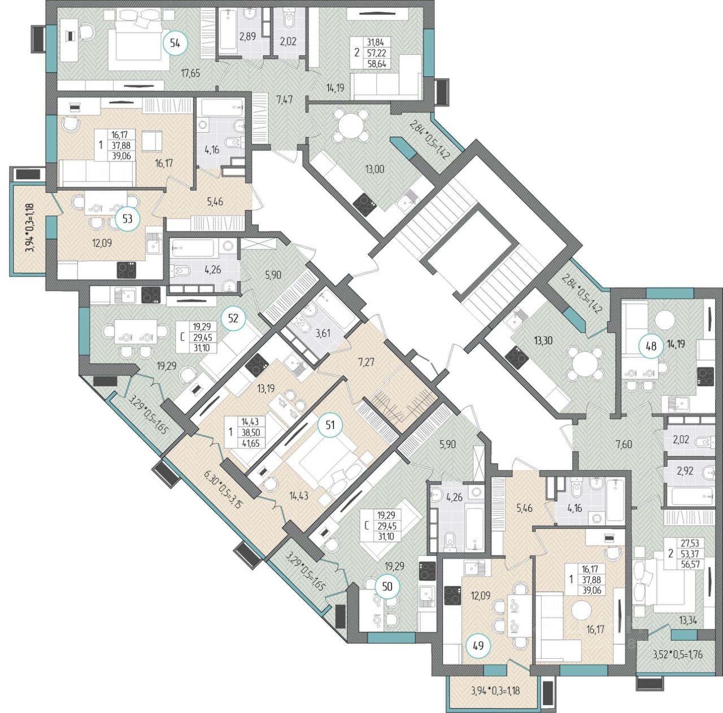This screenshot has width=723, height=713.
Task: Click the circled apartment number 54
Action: point(175,43)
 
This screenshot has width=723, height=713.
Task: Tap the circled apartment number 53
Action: point(128,218)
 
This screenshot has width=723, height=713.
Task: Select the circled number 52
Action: point(233,318)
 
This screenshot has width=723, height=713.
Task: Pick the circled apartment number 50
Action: point(387,586)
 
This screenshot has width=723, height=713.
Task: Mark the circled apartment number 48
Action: point(651,346)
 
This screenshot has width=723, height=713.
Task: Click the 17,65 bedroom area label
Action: point(190,73)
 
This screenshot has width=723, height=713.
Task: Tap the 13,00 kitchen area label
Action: point(375,169)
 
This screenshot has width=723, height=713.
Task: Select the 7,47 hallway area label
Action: point(284,100)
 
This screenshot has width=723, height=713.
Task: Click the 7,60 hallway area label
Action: point(624,445)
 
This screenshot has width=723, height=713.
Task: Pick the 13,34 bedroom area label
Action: point(687,621)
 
